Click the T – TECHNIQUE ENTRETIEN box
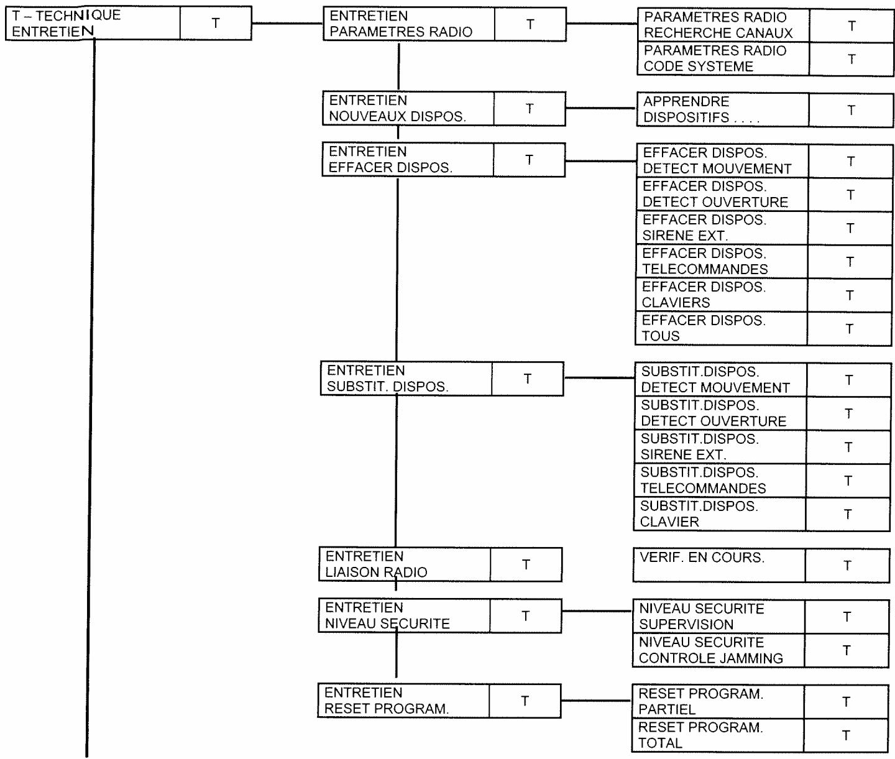click(93, 24)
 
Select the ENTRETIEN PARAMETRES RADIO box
click(408, 24)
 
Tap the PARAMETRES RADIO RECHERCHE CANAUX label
click(723, 25)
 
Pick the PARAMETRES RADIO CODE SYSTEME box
click(723, 59)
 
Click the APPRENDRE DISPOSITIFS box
click(722, 110)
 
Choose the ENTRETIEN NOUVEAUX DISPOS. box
click(408, 109)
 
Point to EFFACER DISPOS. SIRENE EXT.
click(722, 228)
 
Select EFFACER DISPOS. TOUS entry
click(721, 329)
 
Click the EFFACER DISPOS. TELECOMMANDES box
click(722, 262)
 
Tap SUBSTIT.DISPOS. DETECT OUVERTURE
click(720, 413)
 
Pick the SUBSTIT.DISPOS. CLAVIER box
click(720, 514)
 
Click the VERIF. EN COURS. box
click(718, 565)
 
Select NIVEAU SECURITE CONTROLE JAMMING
click(718, 650)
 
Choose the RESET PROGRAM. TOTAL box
click(718, 735)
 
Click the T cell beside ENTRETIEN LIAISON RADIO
click(526, 564)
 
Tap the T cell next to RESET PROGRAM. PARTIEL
click(846, 702)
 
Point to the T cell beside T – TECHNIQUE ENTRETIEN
click(216, 24)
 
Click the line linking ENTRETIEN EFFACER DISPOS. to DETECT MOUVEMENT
click(600, 161)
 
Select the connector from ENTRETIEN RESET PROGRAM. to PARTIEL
click(596, 701)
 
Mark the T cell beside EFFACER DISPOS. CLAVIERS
click(850, 295)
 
